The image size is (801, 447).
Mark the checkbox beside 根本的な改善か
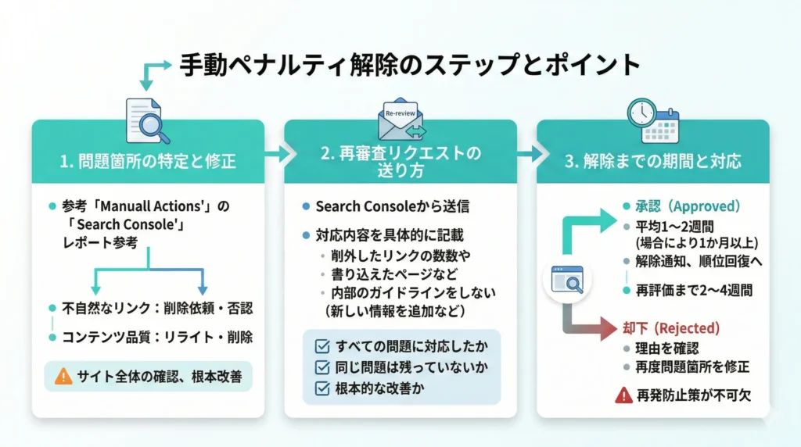[x=321, y=388]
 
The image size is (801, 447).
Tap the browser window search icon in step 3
[x=567, y=279]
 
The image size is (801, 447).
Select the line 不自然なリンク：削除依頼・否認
[x=156, y=308]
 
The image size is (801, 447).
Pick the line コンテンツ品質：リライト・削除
[x=156, y=338]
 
